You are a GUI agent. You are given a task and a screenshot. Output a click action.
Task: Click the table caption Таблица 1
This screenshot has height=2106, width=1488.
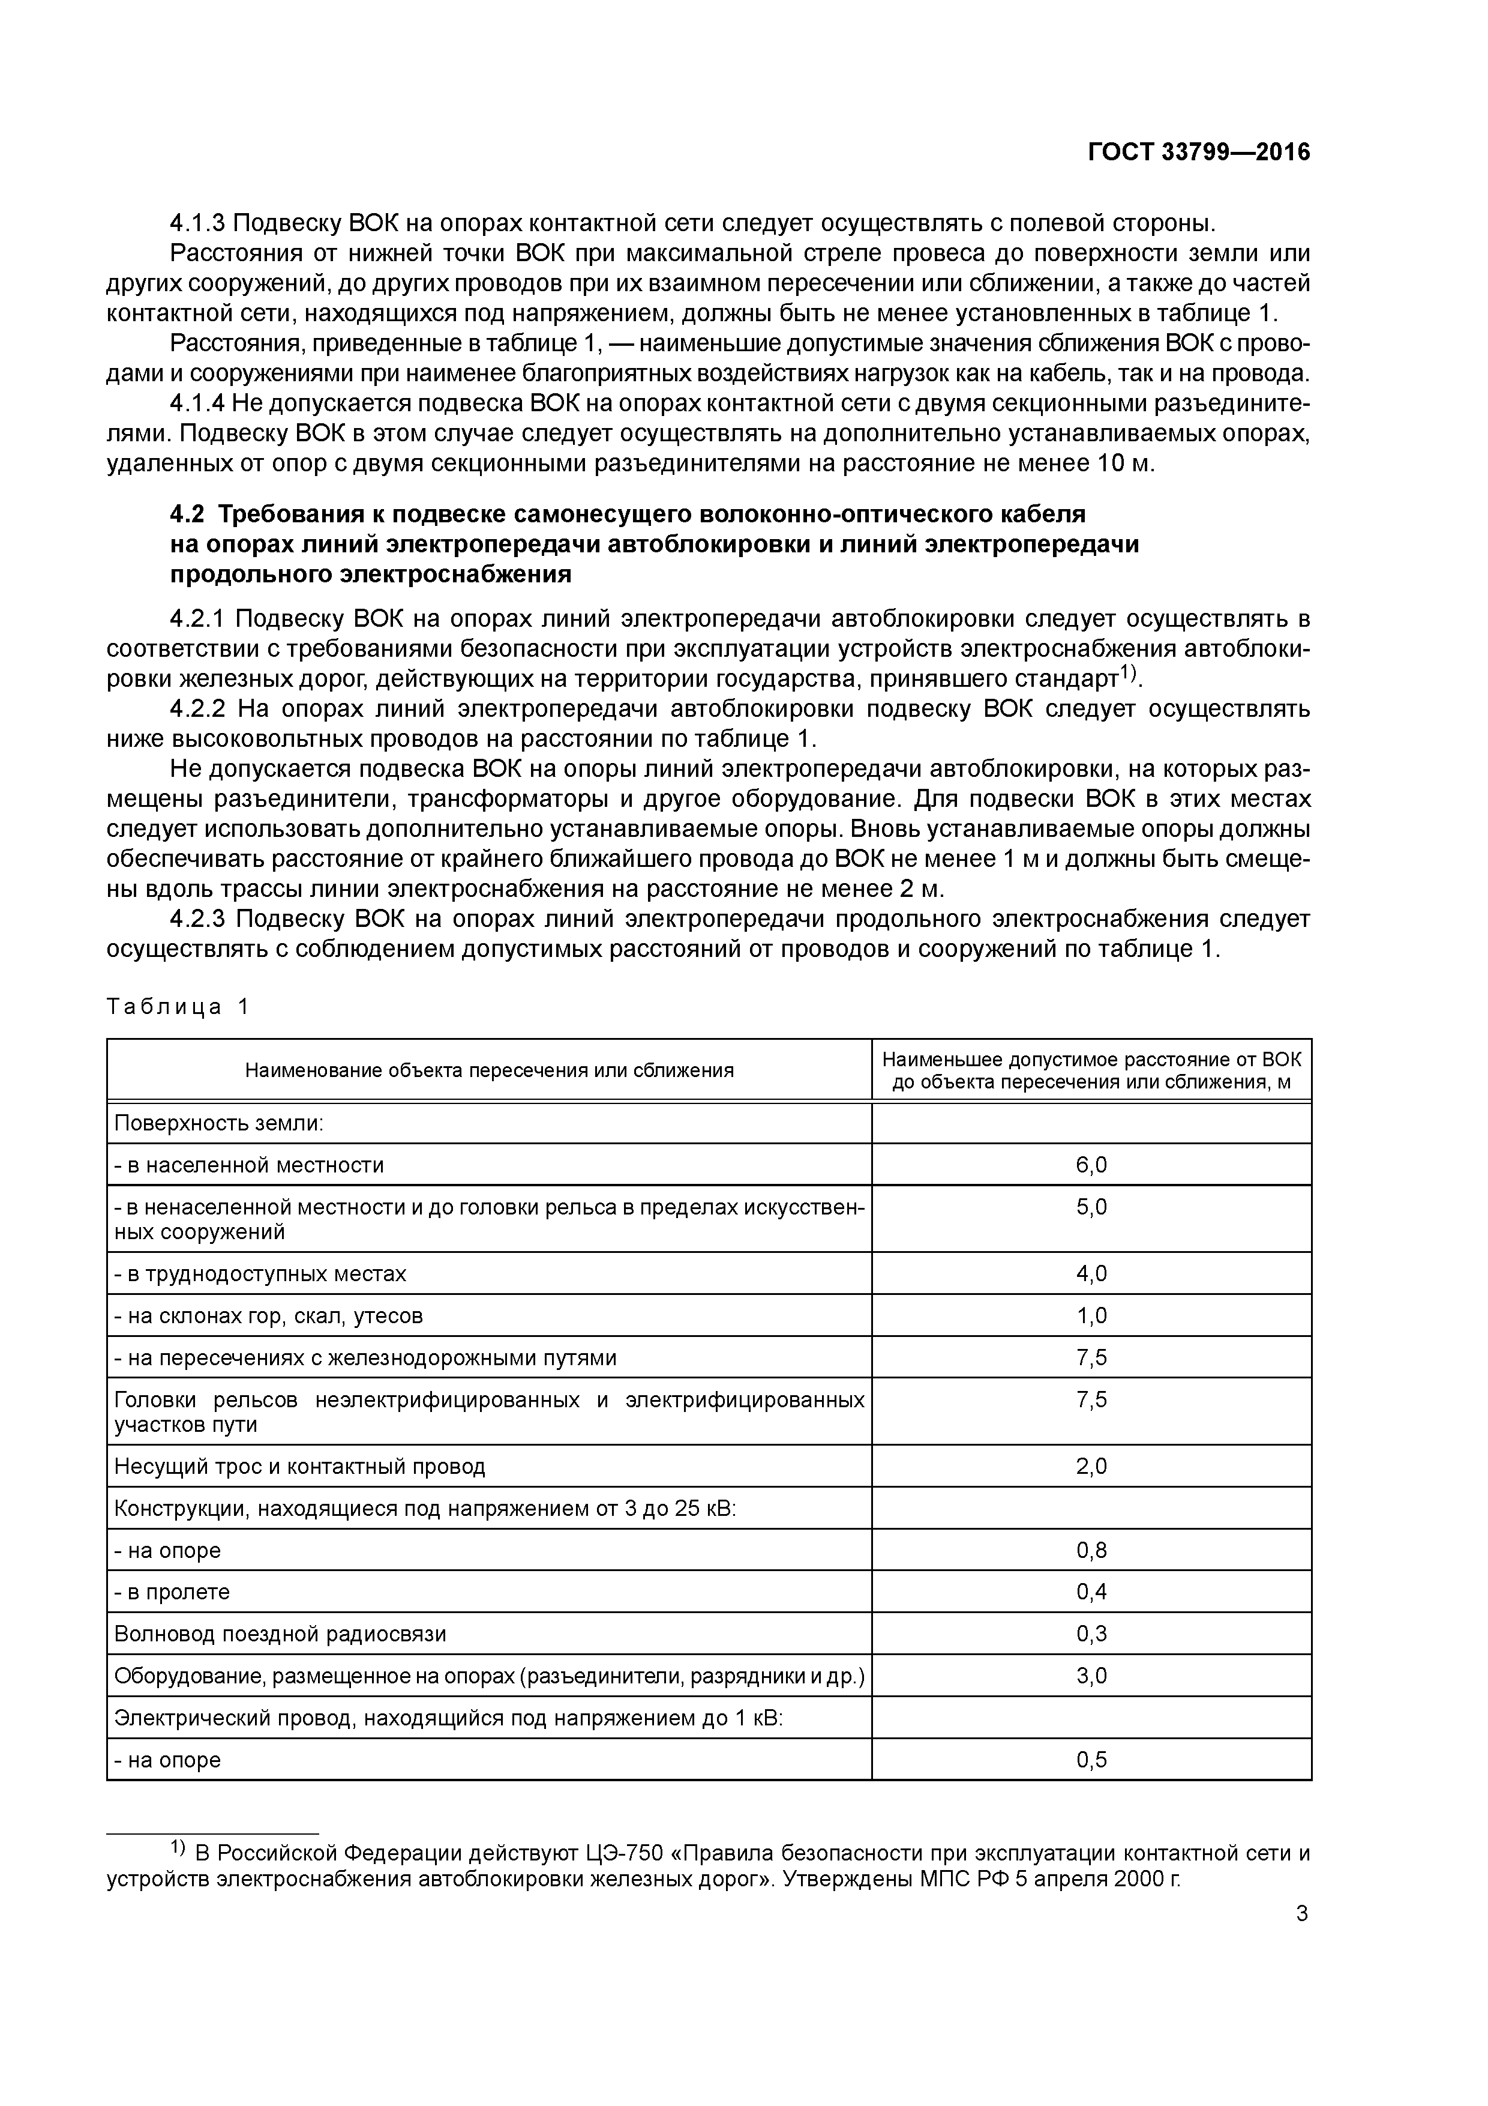[178, 1007]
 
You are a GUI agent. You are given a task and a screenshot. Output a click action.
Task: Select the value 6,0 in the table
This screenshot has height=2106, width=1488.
[1091, 1165]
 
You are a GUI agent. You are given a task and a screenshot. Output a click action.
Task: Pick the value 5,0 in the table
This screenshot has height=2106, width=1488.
[1091, 1207]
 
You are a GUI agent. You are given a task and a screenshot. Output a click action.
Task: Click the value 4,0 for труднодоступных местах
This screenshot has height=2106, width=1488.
[1091, 1274]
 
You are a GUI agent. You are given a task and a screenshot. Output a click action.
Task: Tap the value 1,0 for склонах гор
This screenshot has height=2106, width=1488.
[1091, 1316]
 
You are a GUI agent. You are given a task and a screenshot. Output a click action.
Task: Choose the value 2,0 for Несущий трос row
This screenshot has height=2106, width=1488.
[1091, 1467]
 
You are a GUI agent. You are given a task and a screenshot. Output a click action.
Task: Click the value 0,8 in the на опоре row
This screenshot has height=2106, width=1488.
[1091, 1550]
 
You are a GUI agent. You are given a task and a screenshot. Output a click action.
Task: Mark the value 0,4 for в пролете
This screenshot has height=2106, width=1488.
[1091, 1592]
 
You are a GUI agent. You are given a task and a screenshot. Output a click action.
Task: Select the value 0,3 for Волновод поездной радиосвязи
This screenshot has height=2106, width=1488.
[1091, 1634]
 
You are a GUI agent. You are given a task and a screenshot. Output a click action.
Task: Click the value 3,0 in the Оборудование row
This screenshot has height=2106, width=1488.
[1091, 1676]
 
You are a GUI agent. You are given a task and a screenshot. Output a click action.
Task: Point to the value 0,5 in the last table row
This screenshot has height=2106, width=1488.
[1091, 1759]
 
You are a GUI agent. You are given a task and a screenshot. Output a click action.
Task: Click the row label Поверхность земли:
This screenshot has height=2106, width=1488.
[219, 1124]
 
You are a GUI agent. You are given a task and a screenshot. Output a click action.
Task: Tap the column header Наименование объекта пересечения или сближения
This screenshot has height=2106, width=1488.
[488, 1070]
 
